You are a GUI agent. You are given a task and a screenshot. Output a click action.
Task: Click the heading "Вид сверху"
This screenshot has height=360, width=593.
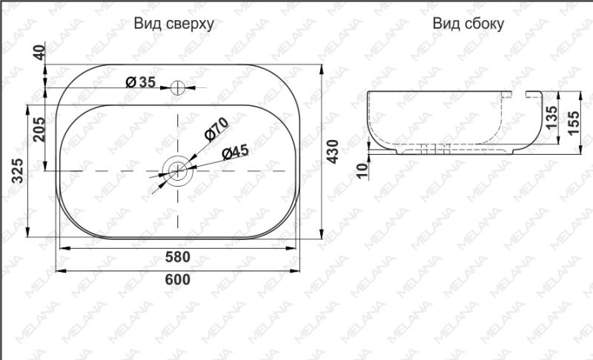[174, 24]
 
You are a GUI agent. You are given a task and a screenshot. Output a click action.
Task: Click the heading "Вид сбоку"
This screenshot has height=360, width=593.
[468, 24]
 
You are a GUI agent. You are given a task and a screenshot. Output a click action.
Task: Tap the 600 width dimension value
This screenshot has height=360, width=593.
[178, 279]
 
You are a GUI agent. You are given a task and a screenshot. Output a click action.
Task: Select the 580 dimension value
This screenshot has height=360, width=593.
[178, 257]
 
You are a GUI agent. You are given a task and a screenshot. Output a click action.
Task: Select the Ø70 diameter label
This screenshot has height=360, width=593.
[214, 130]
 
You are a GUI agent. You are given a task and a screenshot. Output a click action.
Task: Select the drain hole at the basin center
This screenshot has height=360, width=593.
[178, 170]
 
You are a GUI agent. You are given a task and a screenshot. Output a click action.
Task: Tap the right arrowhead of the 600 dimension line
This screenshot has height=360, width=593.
[300, 270]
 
